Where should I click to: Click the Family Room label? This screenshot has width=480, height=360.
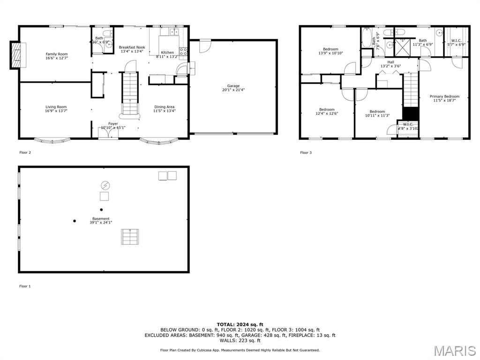click(x=56, y=54)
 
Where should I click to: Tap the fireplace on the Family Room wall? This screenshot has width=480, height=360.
click(x=17, y=55)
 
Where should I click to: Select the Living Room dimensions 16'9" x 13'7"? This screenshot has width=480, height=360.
click(x=56, y=112)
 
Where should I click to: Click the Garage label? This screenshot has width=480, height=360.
click(x=233, y=86)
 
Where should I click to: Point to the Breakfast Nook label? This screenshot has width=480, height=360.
click(x=132, y=47)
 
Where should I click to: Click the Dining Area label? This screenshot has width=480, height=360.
click(x=164, y=107)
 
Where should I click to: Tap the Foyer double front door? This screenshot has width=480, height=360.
click(x=108, y=134)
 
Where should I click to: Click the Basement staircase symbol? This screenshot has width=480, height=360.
click(x=131, y=236)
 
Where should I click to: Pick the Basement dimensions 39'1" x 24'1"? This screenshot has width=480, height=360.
click(x=101, y=223)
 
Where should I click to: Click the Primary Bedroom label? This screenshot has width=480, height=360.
click(x=444, y=97)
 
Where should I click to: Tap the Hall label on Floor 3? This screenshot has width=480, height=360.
click(x=390, y=62)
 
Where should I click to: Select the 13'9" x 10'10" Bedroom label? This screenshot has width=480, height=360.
click(x=330, y=49)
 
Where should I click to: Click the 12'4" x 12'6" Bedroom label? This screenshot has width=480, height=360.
click(x=327, y=110)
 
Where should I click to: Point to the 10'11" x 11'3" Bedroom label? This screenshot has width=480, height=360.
click(x=377, y=112)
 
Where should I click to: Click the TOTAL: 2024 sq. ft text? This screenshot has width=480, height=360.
click(x=240, y=324)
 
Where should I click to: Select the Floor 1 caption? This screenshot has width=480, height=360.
click(x=25, y=286)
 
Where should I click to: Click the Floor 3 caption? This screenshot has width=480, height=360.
click(x=306, y=152)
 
